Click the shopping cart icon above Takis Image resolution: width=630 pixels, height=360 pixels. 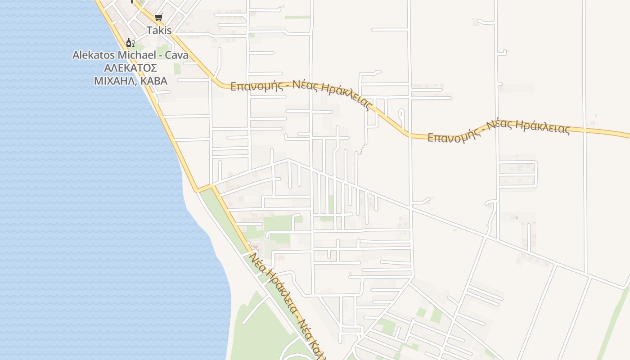tap(158, 18)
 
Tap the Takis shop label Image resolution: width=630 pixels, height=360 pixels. tap(159, 31)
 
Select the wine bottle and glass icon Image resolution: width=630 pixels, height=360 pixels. tap(130, 43)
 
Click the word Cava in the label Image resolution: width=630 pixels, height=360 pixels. tap(176, 55)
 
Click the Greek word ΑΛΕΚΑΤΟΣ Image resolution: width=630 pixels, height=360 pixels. tap(130, 68)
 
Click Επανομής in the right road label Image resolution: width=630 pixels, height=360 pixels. tap(452, 136)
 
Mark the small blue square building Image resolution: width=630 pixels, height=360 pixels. tap(517, 218)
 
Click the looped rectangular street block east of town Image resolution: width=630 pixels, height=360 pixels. tap(518, 174)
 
